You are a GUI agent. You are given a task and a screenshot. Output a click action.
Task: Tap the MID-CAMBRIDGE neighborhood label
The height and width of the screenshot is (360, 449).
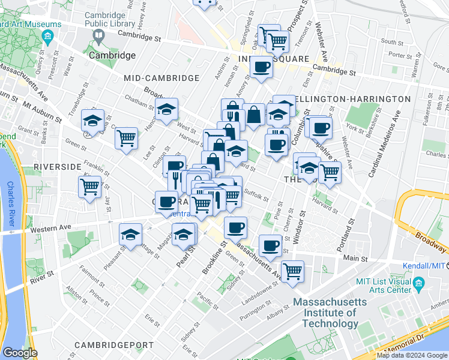click(x=161, y=78)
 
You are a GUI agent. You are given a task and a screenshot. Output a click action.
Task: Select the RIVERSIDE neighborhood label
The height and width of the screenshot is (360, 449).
click(x=57, y=166)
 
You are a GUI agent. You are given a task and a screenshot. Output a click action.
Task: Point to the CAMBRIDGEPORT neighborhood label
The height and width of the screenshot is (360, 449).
click(x=114, y=345)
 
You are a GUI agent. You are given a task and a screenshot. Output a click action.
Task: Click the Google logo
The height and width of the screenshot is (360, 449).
click(x=20, y=353)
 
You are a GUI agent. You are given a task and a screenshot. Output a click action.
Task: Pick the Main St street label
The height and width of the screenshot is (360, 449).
click(x=355, y=258)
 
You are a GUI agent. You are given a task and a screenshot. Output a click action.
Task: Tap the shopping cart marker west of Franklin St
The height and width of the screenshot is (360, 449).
click(x=90, y=187)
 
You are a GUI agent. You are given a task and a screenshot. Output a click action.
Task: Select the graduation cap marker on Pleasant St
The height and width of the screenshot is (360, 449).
click(x=130, y=236)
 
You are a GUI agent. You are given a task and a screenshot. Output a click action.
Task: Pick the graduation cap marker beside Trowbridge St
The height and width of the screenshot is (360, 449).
click(x=92, y=121)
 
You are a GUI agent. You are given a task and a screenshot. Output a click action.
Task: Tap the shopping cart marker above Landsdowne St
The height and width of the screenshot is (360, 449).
click(x=292, y=271)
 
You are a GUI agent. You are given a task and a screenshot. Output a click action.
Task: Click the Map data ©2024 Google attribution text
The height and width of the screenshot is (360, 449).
click(x=412, y=355)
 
